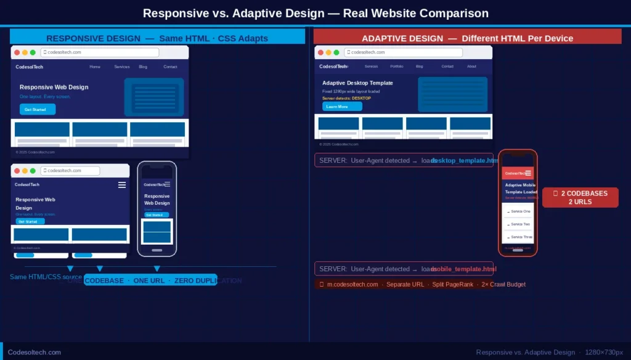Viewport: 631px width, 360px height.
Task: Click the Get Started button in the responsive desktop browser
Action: click(x=38, y=109)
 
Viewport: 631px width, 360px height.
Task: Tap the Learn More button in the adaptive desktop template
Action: click(x=342, y=107)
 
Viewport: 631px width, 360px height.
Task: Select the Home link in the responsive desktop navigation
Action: click(x=95, y=67)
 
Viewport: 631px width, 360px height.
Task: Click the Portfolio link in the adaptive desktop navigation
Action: click(x=397, y=66)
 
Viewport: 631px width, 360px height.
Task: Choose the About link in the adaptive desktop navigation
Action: click(x=471, y=66)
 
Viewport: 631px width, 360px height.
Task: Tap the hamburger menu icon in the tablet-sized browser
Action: click(x=122, y=185)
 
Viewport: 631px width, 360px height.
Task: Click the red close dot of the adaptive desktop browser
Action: click(x=320, y=52)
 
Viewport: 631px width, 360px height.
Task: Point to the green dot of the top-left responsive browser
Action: click(x=33, y=52)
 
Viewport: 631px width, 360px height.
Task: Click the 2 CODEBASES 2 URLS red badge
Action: click(x=580, y=197)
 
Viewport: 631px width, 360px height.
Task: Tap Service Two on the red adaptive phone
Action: click(x=518, y=224)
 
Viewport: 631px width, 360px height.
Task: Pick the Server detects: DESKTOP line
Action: click(x=346, y=98)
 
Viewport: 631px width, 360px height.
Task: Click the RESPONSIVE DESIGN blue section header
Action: click(x=157, y=38)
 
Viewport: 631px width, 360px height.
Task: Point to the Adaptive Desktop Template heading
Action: click(x=357, y=83)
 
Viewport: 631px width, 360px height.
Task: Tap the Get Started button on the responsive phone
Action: click(x=157, y=215)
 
